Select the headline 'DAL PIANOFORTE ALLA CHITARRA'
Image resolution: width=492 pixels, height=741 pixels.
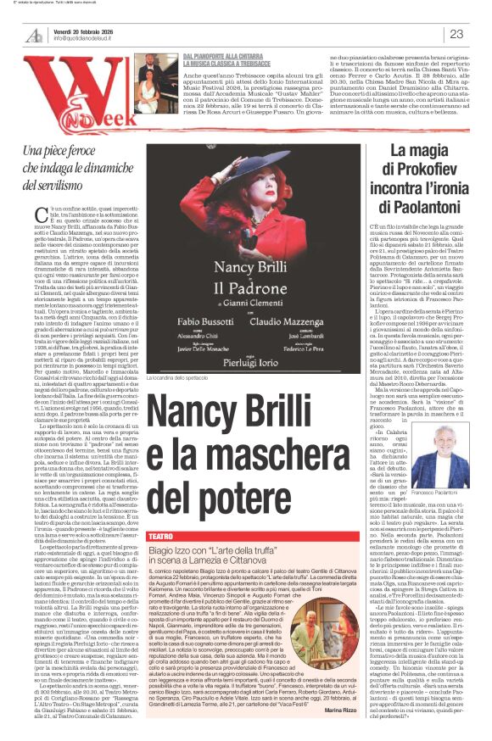(216, 55)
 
